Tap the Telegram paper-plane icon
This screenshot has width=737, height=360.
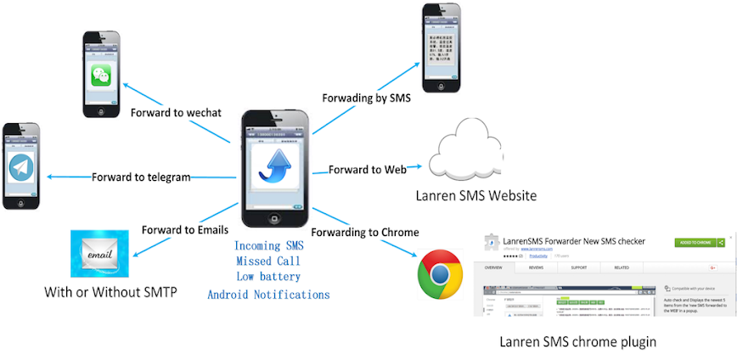tap(20, 168)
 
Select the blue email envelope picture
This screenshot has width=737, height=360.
tap(99, 253)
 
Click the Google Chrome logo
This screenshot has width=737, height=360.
tap(440, 273)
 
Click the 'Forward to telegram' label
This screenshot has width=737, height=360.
tap(141, 177)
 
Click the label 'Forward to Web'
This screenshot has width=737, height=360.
tap(368, 169)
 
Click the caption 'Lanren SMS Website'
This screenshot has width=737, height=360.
tap(475, 196)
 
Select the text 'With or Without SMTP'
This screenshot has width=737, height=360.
tap(111, 293)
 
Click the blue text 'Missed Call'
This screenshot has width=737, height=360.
tap(268, 261)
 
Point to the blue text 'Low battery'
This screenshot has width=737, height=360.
tap(268, 276)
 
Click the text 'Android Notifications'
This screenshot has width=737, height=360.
tap(268, 295)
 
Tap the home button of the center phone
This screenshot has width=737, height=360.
tap(275, 217)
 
